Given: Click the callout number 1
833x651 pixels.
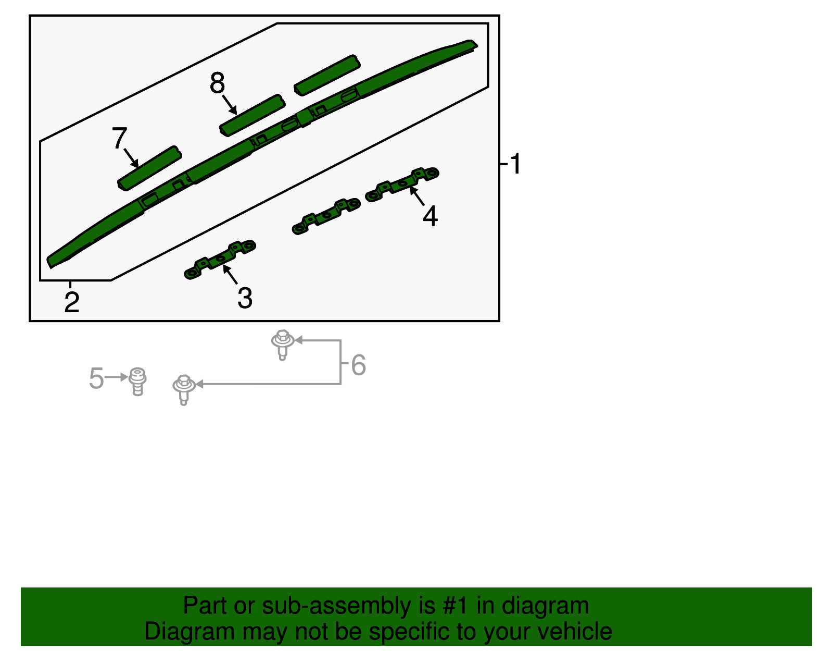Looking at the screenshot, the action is pyautogui.click(x=515, y=164).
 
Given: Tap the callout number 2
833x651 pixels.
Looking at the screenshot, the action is pyautogui.click(x=72, y=302).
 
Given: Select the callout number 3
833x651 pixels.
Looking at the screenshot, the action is pyautogui.click(x=245, y=298).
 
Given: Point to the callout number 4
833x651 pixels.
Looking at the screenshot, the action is pyautogui.click(x=430, y=216).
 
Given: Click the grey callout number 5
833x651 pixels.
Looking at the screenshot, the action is pyautogui.click(x=96, y=378).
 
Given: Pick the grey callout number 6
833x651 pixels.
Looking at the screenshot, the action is pyautogui.click(x=358, y=365).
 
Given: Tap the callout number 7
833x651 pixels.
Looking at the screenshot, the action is pyautogui.click(x=119, y=138).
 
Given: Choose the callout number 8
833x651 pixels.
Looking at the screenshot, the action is pyautogui.click(x=217, y=82).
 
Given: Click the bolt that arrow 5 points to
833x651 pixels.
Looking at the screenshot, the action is pyautogui.click(x=137, y=382).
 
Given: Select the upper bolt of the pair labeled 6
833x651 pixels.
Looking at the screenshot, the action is pyautogui.click(x=283, y=345).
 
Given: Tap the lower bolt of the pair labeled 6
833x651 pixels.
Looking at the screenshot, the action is pyautogui.click(x=184, y=390).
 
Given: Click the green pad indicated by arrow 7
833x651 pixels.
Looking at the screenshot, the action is pyautogui.click(x=149, y=168).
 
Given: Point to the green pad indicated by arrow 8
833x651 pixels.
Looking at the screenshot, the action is pyautogui.click(x=252, y=115).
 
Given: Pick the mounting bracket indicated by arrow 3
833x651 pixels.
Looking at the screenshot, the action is pyautogui.click(x=220, y=260).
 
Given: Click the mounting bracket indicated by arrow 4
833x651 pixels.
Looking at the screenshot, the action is pyautogui.click(x=402, y=185).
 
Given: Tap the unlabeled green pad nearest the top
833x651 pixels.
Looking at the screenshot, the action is pyautogui.click(x=327, y=75).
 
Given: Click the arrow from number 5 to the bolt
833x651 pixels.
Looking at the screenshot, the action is pyautogui.click(x=116, y=377).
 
